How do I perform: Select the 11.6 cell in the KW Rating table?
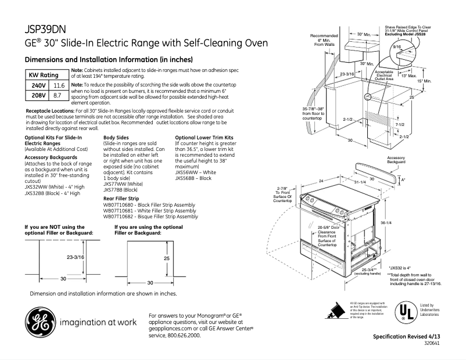pos(59,85)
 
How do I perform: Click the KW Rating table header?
pos(44,75)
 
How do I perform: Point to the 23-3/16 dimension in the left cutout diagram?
pos(74,256)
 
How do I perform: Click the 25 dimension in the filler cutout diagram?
pos(166,258)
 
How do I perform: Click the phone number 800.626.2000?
pos(188,336)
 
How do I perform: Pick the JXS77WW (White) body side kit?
pos(119,184)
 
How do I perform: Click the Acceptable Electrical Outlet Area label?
pos(384,75)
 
